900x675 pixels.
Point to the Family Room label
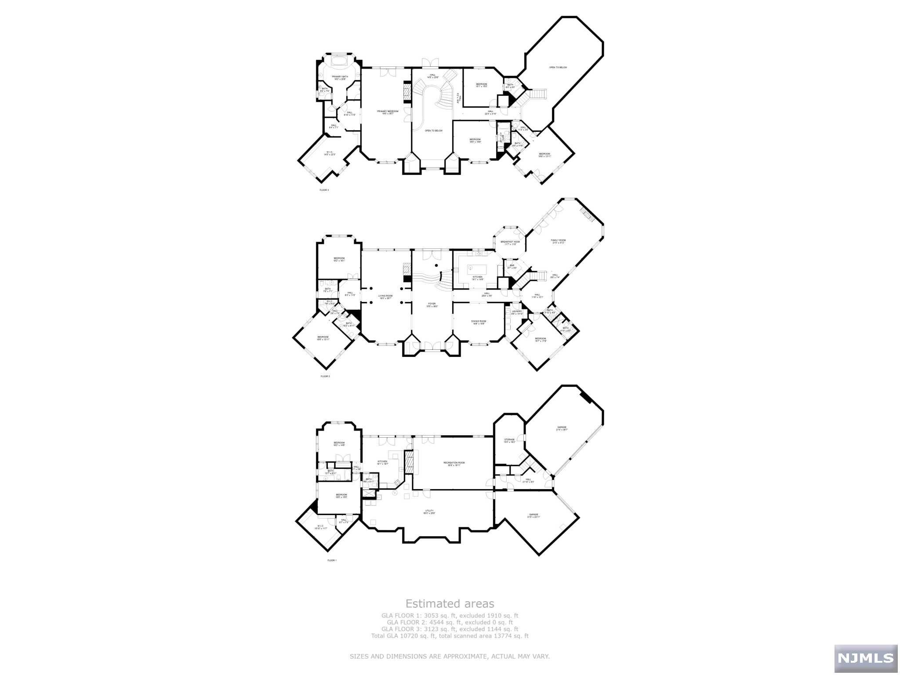click(x=559, y=241)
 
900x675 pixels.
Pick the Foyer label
click(x=432, y=305)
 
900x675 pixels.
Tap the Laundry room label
click(x=517, y=312)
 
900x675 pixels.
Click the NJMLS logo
click(x=865, y=657)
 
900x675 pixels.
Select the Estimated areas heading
click(x=450, y=603)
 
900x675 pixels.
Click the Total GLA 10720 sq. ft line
click(x=450, y=636)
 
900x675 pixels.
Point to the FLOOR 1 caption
click(x=332, y=560)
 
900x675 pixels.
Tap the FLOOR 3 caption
click(x=324, y=190)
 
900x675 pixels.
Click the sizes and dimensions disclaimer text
click(x=450, y=656)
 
